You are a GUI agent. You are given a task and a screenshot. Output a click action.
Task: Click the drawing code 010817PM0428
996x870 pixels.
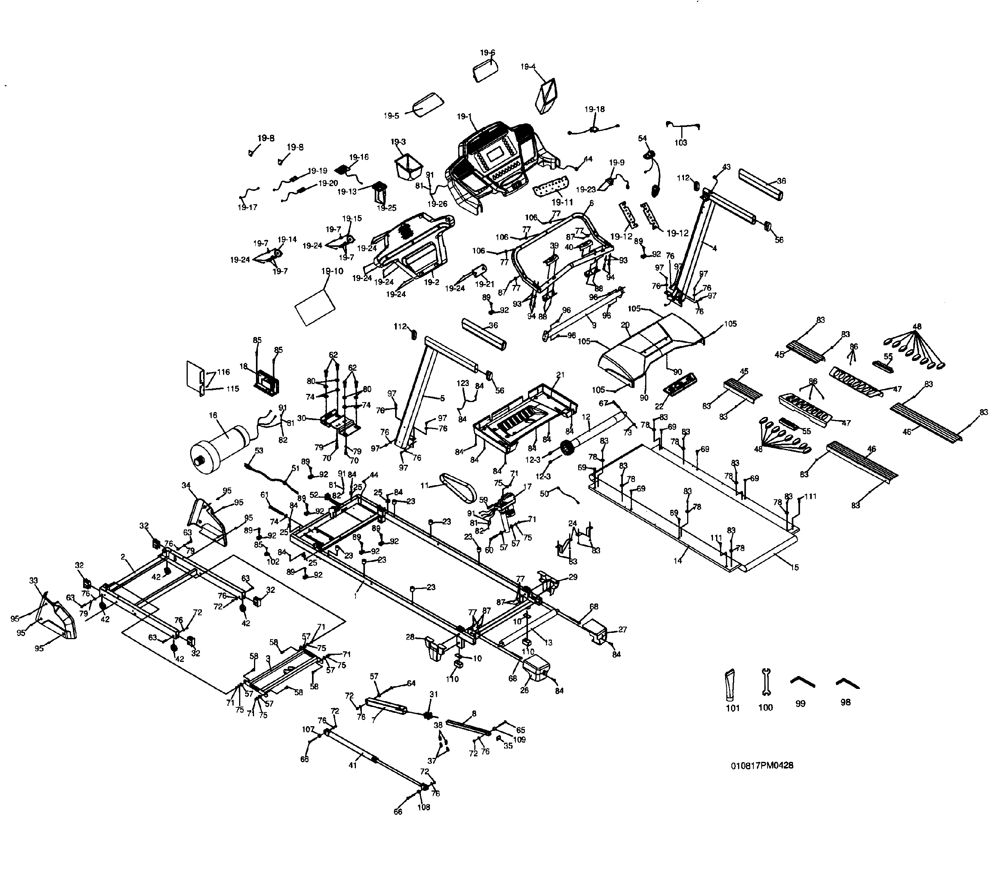pyautogui.click(x=762, y=779)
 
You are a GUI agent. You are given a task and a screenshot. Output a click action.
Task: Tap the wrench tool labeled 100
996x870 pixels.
pyautogui.click(x=766, y=685)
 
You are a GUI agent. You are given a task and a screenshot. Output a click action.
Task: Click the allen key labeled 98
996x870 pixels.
pyautogui.click(x=847, y=683)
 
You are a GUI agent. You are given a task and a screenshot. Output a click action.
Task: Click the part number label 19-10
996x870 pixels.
pyautogui.click(x=332, y=271)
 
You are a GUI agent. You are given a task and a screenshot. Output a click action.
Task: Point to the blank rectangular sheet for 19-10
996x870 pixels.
pyautogui.click(x=316, y=307)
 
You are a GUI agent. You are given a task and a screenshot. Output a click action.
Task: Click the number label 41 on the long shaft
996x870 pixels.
pyautogui.click(x=352, y=766)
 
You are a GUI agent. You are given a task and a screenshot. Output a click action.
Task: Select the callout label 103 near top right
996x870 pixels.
pyautogui.click(x=681, y=143)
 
